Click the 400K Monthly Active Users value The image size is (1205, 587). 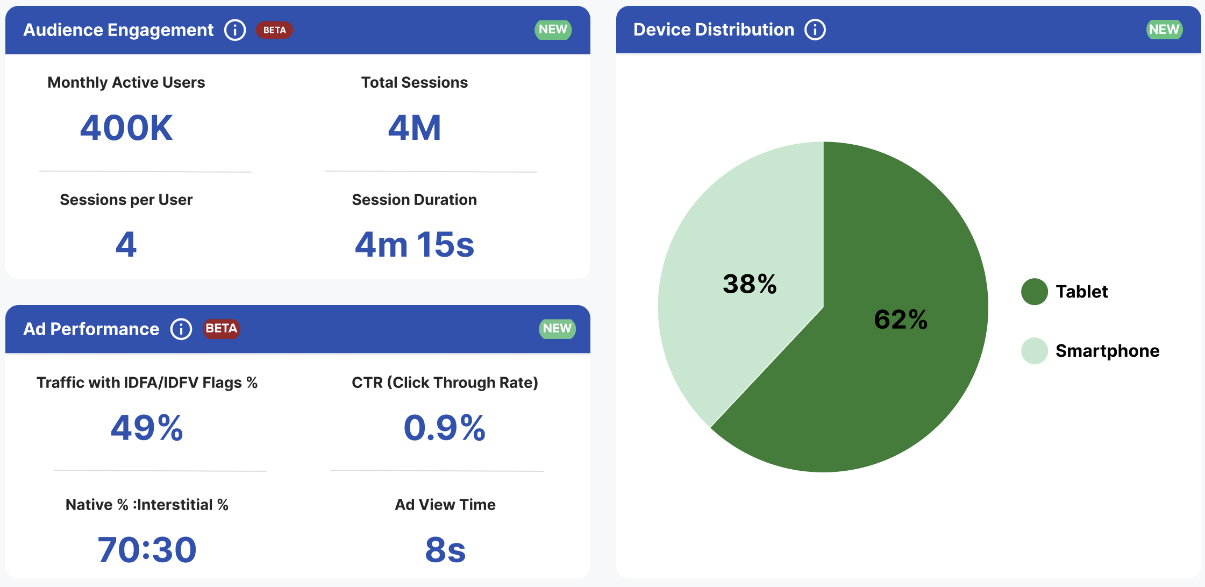click(x=126, y=128)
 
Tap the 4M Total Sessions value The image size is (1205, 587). click(x=415, y=128)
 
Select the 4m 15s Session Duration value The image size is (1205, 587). click(x=414, y=245)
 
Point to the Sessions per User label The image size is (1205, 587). click(x=126, y=200)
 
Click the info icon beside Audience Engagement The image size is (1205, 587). click(x=235, y=30)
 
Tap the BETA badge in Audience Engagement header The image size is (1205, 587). click(x=274, y=30)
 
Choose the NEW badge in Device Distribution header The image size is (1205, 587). click(x=1164, y=30)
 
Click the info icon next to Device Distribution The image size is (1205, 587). click(x=815, y=30)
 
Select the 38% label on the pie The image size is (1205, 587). click(x=750, y=284)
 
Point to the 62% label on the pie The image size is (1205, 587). click(x=901, y=319)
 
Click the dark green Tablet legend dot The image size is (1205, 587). click(x=1034, y=292)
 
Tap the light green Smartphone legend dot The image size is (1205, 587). click(x=1034, y=351)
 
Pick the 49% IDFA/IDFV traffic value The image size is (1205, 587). click(x=147, y=428)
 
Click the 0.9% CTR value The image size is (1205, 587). click(x=445, y=428)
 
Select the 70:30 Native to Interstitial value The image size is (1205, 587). click(x=147, y=550)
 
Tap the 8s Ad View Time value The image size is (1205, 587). click(x=445, y=550)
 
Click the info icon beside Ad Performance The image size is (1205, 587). click(x=181, y=329)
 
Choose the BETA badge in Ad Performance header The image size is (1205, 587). click(x=221, y=329)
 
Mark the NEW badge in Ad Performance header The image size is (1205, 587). click(x=557, y=329)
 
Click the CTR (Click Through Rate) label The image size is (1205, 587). click(x=445, y=383)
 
